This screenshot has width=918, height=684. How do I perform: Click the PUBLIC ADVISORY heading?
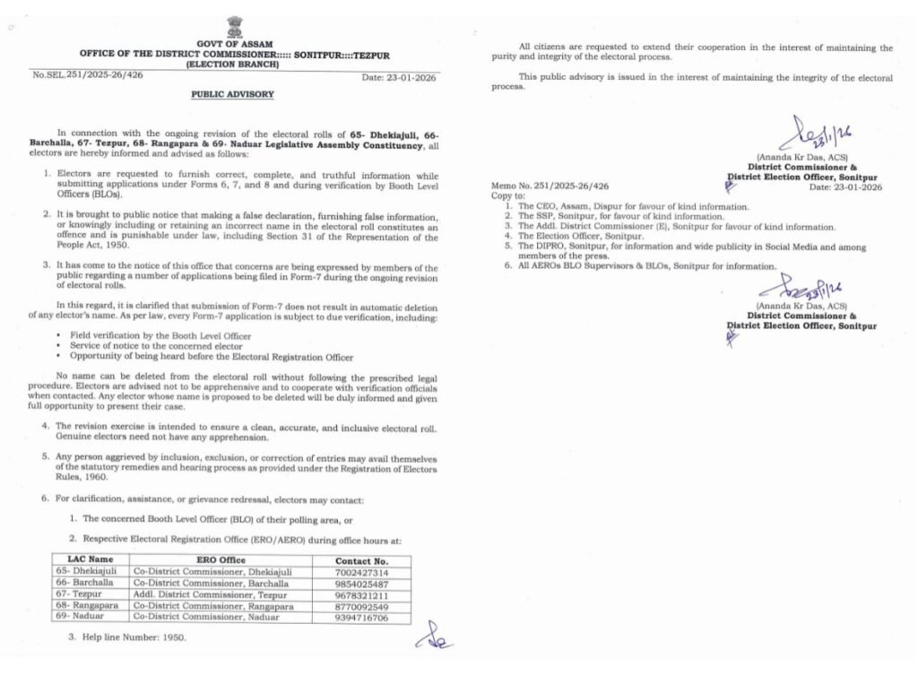click(x=232, y=94)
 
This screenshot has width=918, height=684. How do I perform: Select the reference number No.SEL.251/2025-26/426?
click(x=88, y=74)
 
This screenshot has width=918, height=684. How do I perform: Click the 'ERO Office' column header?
click(x=220, y=560)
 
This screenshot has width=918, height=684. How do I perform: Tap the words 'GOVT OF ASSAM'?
click(x=234, y=44)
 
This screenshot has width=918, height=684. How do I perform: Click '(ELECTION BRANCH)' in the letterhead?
click(x=232, y=65)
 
